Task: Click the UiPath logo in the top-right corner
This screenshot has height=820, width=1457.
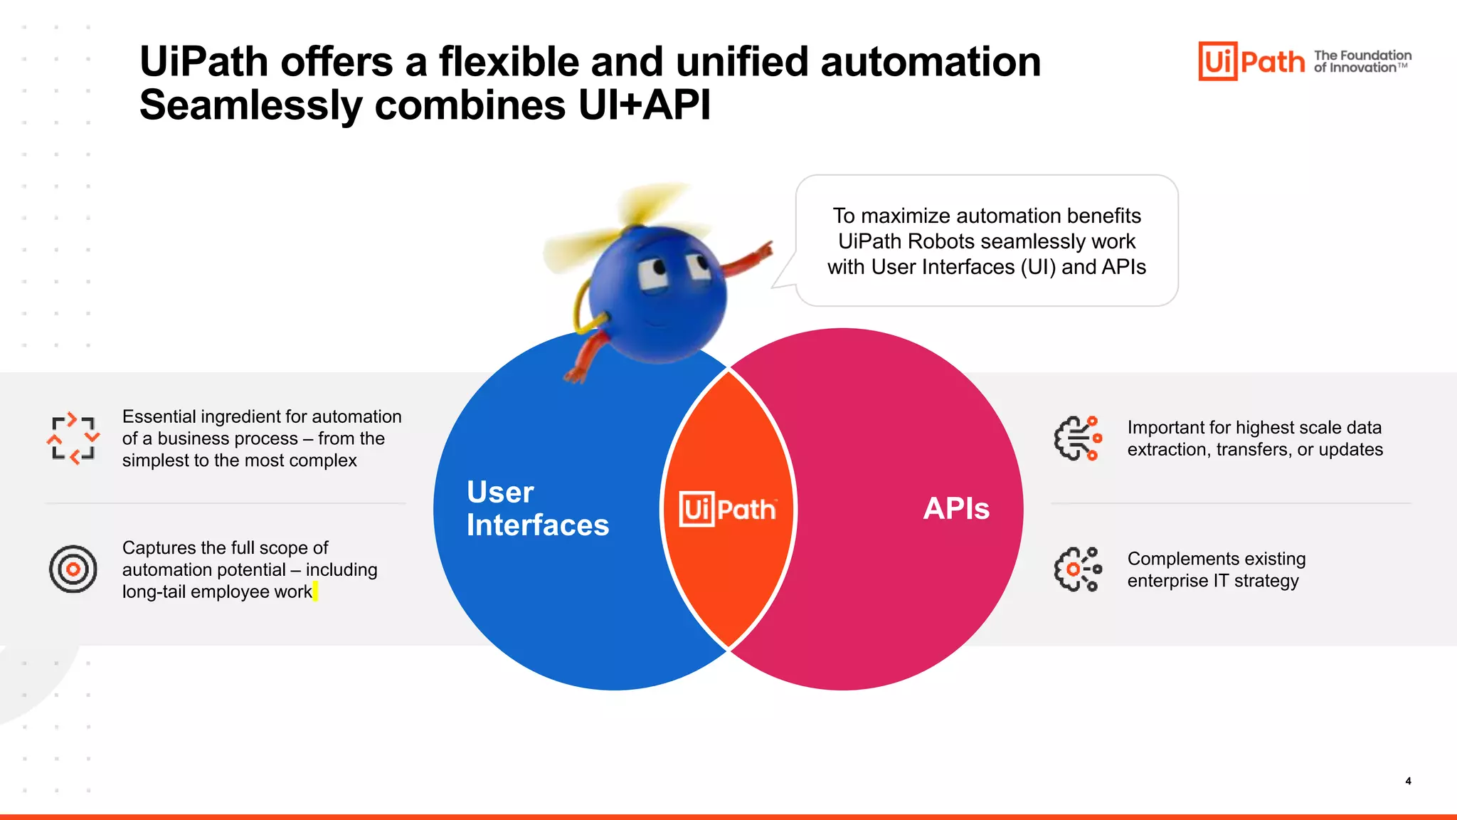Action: [1251, 61]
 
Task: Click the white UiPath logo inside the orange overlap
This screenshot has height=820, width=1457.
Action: [727, 509]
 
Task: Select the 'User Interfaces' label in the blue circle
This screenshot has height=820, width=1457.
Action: [537, 508]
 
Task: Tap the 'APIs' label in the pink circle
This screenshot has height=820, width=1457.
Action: [955, 508]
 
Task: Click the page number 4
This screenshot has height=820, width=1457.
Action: [1408, 781]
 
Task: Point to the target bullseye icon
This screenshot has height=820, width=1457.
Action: [73, 569]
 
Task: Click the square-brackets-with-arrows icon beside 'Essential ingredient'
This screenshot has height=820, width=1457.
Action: [73, 438]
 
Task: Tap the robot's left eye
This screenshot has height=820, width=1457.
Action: [652, 273]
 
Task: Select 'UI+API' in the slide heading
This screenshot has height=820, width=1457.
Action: [644, 105]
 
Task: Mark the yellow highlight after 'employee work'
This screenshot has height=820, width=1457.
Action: [315, 592]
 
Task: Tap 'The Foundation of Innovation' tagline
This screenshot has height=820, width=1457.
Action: [1362, 61]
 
